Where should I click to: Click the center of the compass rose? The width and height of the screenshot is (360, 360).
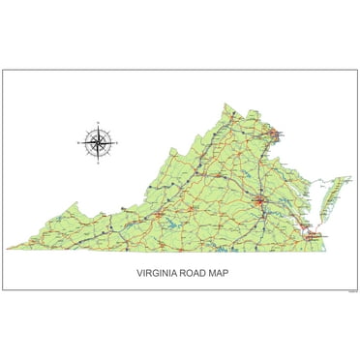97,143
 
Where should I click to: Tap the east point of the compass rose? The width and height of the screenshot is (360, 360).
118,143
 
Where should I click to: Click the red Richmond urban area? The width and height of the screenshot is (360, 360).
259,201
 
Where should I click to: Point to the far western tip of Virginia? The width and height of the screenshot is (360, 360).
9,249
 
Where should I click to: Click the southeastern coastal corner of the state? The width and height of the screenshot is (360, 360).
325,248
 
